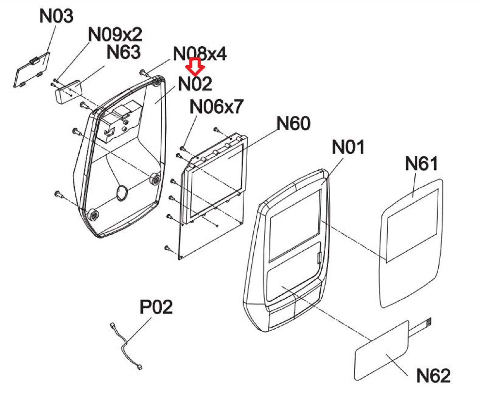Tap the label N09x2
tap(115, 34)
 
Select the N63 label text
tap(123, 52)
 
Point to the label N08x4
tap(200, 54)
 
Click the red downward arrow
tap(195, 67)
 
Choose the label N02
tap(195, 84)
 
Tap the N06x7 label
tap(216, 106)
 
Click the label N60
tap(293, 123)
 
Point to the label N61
tap(421, 164)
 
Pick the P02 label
tap(156, 307)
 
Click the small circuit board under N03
tap(32, 70)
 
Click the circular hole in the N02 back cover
tap(122, 193)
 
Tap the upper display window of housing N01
tap(295, 226)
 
